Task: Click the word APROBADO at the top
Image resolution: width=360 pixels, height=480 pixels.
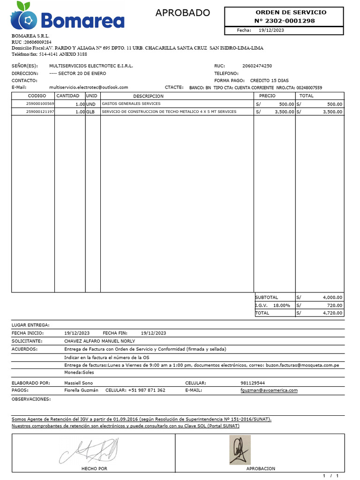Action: click(183, 13)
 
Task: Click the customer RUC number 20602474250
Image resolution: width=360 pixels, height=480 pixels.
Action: click(257, 66)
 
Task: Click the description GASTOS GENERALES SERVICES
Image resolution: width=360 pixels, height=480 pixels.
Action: click(131, 104)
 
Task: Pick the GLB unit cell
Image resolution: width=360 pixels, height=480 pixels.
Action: click(90, 112)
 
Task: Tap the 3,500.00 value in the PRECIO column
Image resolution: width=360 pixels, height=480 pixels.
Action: click(284, 112)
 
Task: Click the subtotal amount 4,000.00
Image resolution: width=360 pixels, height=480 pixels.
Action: click(332, 297)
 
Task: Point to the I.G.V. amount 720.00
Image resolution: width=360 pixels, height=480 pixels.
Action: click(335, 305)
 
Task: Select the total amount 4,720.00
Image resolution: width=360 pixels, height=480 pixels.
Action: click(332, 313)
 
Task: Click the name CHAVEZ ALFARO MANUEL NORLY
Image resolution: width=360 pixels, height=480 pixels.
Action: click(99, 341)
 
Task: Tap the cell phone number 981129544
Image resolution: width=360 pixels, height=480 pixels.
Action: click(252, 383)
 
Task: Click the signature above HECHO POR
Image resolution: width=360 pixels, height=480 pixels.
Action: click(90, 451)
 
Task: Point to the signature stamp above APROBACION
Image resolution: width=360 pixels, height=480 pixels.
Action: click(240, 450)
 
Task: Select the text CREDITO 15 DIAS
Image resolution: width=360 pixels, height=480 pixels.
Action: click(269, 80)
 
